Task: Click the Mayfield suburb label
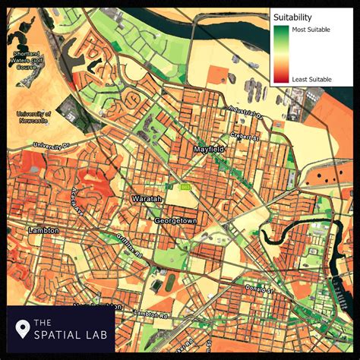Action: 209,150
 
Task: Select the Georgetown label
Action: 176,219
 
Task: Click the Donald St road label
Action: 259,289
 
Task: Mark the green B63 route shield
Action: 185,187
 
